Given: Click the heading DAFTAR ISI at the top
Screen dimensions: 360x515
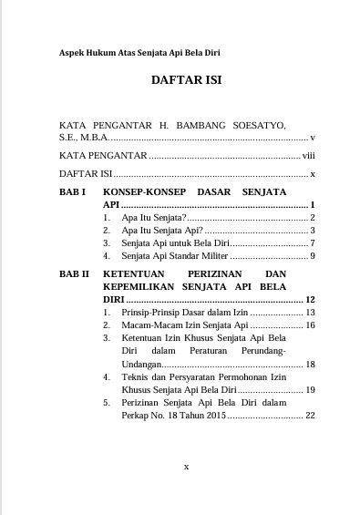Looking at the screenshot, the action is [x=186, y=81].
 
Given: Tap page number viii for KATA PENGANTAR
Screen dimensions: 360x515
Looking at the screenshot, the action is [x=308, y=156].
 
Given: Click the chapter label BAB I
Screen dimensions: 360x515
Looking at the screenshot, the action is [x=71, y=193].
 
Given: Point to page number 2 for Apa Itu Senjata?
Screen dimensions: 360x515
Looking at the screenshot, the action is [x=312, y=219].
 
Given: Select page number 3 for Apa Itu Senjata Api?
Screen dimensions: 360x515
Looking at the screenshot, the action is [x=312, y=232].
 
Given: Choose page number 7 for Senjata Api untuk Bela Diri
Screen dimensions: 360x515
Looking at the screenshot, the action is [x=312, y=244].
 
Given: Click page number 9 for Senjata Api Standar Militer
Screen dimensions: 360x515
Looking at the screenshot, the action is [x=312, y=257].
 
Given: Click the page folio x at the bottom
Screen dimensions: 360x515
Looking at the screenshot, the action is [x=186, y=466].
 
